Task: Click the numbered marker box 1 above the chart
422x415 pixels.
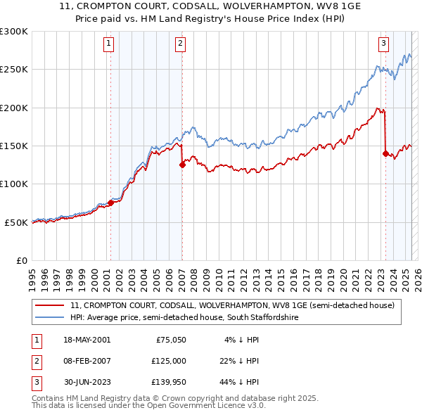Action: pos(110,44)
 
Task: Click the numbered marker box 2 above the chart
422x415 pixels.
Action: pos(181,44)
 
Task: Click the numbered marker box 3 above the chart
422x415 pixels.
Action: pos(384,44)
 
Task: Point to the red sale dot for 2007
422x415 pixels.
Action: pos(182,165)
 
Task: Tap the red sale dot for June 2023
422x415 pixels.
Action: pos(385,153)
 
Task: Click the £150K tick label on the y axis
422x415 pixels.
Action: pos(14,146)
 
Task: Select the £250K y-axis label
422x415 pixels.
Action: pos(14,70)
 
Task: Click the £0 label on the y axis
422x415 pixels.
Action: pos(21,260)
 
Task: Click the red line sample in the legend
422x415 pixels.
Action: pos(50,306)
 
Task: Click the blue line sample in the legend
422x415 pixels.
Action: pos(50,318)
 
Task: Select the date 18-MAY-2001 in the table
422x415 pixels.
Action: pos(87,340)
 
